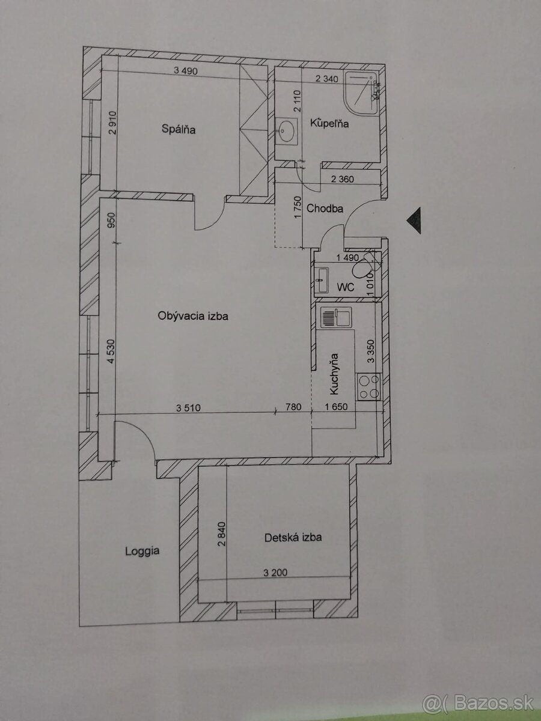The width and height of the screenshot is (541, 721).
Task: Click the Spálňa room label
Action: (179, 129)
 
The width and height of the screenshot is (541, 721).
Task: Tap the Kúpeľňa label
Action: (329, 123)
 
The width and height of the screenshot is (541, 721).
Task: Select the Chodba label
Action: (325, 208)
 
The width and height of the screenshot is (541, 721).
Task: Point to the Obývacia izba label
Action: (193, 316)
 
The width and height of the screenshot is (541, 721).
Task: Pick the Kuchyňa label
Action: (334, 374)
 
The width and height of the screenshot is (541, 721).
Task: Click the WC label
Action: (346, 287)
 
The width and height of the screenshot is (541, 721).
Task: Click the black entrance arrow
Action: (414, 221)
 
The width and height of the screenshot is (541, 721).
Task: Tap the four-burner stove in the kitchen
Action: (369, 386)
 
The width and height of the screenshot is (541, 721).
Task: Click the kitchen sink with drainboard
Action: (335, 317)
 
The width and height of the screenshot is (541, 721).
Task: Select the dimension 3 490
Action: (186, 70)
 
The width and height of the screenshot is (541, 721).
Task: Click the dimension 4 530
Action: (111, 351)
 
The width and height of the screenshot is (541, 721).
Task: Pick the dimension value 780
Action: (293, 407)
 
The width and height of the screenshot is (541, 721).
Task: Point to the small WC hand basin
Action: (321, 280)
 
